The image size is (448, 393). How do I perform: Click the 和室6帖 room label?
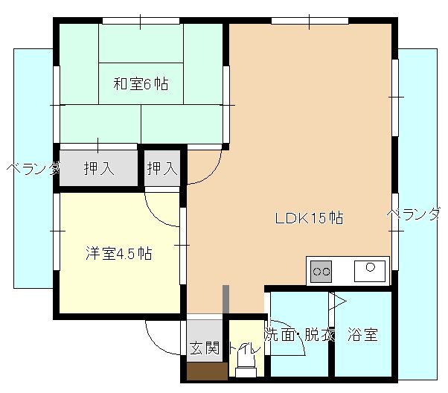point(140,84)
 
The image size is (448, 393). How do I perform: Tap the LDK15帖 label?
point(309,219)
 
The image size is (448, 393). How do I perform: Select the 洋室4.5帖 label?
point(118,254)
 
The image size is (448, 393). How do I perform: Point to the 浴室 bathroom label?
point(363,335)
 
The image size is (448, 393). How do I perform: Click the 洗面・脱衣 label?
point(300,335)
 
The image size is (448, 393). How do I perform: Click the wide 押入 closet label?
point(99,169)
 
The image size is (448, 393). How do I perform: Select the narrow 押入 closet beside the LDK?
point(162,169)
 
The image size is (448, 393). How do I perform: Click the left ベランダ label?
point(32,169)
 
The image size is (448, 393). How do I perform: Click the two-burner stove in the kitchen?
point(321,271)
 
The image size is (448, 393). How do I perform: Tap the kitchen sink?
point(371,269)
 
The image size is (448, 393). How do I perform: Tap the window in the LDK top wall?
point(307,19)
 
